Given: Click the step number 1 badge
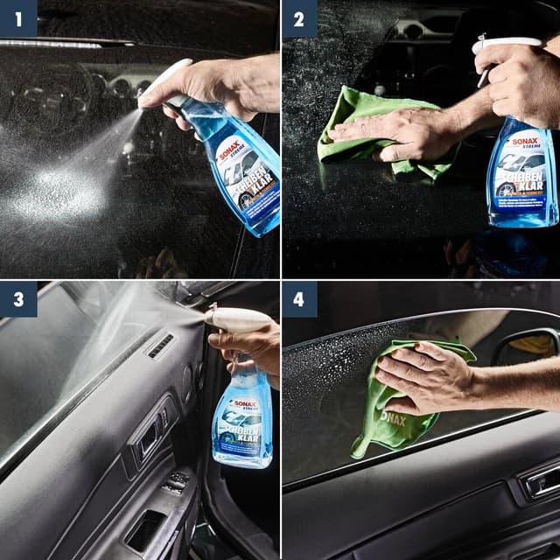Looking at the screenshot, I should pos(17,17).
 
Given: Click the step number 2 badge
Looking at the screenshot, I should pos(299,17).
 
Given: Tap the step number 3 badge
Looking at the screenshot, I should pos(17,298).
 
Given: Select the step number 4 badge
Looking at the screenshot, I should pos(299,298).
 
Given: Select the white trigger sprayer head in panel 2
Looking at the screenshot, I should pos(507,44).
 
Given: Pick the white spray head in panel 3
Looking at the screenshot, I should pos(236,319).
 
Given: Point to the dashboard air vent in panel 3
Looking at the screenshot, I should pos(160,346).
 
